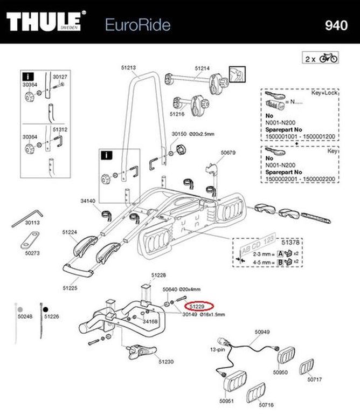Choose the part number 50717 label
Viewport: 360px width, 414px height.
pos(315,379)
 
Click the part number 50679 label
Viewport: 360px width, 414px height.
pos(229,153)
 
